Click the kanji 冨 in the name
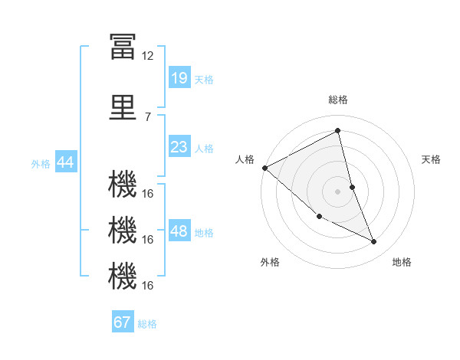coord(123,46)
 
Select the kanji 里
coord(123,107)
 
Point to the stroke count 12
coord(147,56)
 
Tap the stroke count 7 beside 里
coord(148,117)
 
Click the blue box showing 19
coord(180,77)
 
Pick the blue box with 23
coord(180,146)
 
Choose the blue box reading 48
coord(180,230)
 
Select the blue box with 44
coord(66,162)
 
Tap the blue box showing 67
coord(123,321)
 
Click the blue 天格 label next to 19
coord(204,80)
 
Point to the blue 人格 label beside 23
coord(204,149)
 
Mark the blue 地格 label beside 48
coord(204,233)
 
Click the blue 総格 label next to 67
coord(147,324)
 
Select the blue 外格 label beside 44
coord(41,164)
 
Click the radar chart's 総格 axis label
coord(338,100)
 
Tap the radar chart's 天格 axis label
coord(431,159)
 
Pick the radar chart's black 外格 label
coord(270,262)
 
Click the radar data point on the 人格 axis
coord(265,168)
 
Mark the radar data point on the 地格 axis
coord(374,241)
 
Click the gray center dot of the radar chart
coord(337,191)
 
